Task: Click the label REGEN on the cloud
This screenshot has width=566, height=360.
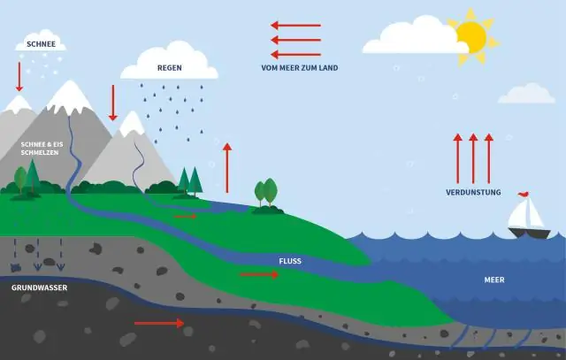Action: (170, 67)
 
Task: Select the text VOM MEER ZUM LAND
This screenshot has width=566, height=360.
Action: (299, 68)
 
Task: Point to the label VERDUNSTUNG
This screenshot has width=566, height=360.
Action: (473, 193)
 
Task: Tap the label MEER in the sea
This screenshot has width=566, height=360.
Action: (494, 280)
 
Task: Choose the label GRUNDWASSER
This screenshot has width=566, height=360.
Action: (39, 288)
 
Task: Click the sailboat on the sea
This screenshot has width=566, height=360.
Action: (529, 221)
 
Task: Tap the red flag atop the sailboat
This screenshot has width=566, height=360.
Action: (523, 193)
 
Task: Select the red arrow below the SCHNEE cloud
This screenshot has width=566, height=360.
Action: (19, 76)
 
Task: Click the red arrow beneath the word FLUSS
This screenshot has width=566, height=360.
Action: (259, 275)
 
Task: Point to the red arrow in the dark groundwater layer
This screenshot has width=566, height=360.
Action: (159, 324)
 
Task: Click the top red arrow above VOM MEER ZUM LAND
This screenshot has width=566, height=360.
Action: (295, 26)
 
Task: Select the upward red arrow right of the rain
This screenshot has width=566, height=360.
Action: (227, 166)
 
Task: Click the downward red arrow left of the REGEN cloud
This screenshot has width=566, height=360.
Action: (112, 103)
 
